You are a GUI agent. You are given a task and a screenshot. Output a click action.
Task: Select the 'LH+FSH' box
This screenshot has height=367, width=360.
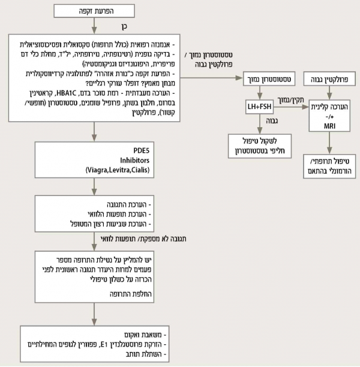(x=260, y=107)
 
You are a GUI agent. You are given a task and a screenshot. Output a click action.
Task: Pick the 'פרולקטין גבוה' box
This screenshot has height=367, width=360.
(x=329, y=78)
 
